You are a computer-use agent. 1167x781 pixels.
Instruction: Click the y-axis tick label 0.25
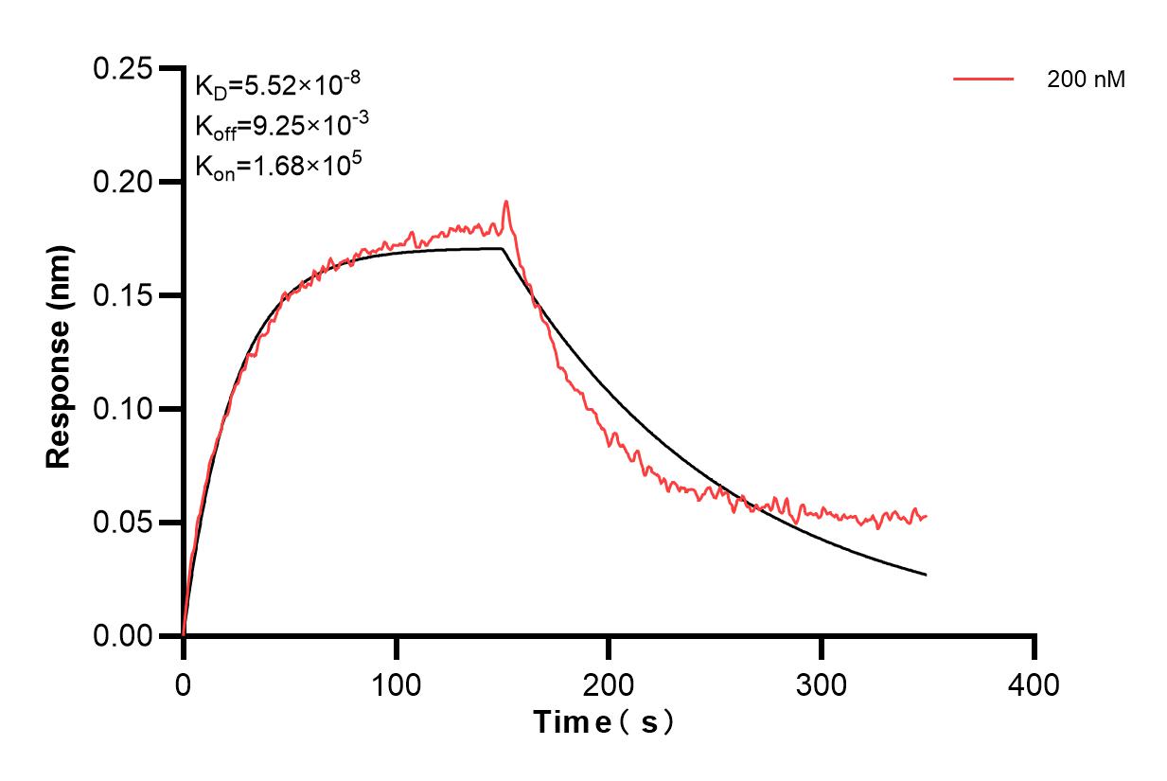click(x=123, y=69)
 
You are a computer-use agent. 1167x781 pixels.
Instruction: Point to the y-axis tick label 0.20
click(x=123, y=182)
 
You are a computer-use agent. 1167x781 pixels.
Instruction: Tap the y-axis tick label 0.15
click(x=123, y=295)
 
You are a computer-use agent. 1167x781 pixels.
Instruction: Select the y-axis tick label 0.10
click(x=123, y=409)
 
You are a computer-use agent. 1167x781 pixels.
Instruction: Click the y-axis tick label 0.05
click(x=123, y=523)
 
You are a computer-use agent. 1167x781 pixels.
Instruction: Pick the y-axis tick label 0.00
click(x=123, y=636)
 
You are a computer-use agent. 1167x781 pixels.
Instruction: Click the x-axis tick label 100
click(x=397, y=683)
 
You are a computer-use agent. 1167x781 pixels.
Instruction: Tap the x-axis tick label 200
click(x=609, y=683)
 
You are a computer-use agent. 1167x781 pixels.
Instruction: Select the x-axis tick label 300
click(x=822, y=683)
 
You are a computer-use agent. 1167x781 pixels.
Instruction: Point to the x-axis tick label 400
click(x=1034, y=683)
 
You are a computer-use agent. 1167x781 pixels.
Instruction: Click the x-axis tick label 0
click(x=184, y=683)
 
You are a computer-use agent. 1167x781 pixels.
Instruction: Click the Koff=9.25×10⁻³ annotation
click(x=276, y=126)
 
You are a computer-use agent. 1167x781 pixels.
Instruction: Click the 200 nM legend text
click(x=1086, y=80)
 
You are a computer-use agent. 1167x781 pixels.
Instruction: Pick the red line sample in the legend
click(x=983, y=80)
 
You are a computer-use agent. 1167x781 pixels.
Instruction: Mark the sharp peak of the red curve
click(x=506, y=201)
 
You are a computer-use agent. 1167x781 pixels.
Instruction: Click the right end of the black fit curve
click(x=926, y=575)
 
